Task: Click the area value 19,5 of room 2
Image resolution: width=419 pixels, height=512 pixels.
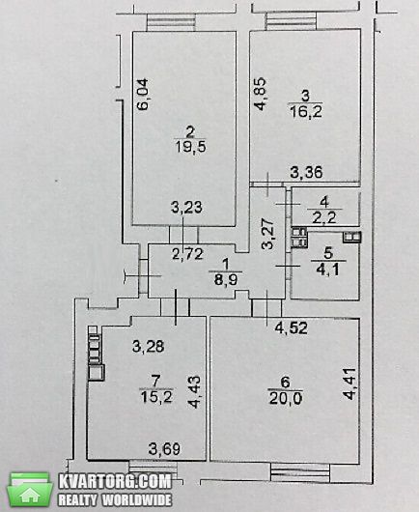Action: (x=191, y=147)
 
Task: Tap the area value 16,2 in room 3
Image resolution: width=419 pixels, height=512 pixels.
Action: (x=306, y=112)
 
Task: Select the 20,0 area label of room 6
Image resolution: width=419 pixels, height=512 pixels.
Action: (x=286, y=398)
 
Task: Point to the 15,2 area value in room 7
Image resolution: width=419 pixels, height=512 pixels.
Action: (x=156, y=397)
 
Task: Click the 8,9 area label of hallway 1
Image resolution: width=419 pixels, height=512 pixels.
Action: (x=226, y=279)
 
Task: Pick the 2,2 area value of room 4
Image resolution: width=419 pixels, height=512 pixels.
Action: (x=324, y=217)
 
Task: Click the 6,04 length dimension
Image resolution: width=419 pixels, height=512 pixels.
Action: (x=143, y=94)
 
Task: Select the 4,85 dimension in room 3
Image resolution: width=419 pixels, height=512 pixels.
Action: (x=261, y=94)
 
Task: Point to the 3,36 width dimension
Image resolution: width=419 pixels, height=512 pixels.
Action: (x=307, y=172)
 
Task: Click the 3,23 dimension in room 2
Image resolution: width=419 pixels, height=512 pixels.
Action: (x=186, y=208)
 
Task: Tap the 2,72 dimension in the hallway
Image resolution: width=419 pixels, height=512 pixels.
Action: (x=187, y=254)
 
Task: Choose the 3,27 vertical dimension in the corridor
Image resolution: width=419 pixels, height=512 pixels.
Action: (x=269, y=234)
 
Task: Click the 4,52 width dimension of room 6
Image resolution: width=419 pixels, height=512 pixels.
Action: (x=292, y=328)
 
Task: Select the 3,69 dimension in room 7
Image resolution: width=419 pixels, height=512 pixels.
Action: (x=164, y=449)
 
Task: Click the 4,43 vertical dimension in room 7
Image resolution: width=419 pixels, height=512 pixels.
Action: (x=194, y=392)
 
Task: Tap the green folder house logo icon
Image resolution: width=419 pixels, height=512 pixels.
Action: (x=30, y=491)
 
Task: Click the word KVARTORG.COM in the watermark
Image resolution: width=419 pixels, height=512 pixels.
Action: (x=115, y=481)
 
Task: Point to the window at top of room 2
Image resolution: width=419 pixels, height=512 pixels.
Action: (x=171, y=22)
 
